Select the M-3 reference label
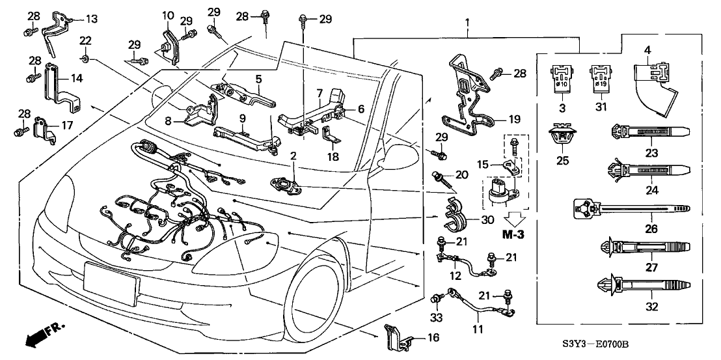pos(513,234)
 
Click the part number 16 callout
pos(433,337)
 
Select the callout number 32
pos(651,306)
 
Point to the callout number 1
pos(467,21)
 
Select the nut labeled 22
pos(85,59)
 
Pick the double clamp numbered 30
pos(454,213)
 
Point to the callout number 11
pos(478,329)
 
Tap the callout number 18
pos(333,156)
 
